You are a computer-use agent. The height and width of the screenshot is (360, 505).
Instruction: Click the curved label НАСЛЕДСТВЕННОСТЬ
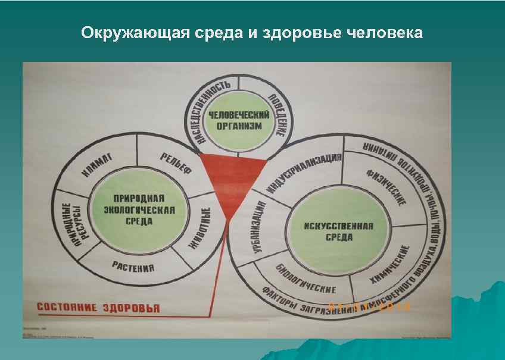(x=205, y=110)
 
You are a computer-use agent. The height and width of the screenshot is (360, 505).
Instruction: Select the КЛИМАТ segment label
(x=99, y=164)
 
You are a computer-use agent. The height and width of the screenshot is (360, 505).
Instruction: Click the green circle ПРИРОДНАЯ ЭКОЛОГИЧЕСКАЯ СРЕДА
(x=133, y=209)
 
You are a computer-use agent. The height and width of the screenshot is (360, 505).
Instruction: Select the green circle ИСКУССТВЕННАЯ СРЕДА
(x=338, y=231)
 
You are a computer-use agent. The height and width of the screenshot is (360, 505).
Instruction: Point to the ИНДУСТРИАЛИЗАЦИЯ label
(x=304, y=174)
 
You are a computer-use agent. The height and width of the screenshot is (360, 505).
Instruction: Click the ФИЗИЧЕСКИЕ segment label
(x=386, y=185)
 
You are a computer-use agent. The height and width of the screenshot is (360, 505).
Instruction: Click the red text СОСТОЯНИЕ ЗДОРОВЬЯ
(x=98, y=308)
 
